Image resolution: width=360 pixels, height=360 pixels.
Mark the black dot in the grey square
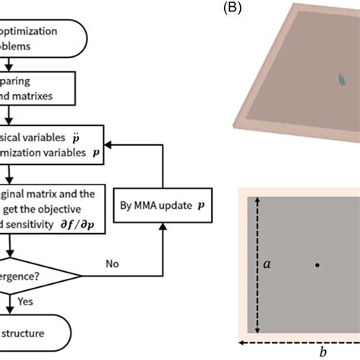point(317,265)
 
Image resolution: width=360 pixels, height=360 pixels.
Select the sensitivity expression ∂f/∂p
point(87,226)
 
